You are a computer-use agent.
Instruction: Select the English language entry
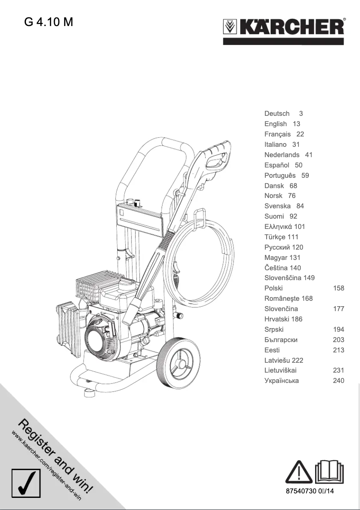point(276,124)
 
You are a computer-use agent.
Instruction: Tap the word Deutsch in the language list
point(277,114)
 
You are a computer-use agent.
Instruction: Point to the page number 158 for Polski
point(338,288)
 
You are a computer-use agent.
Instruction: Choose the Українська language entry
point(281,381)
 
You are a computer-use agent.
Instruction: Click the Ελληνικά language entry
point(279,227)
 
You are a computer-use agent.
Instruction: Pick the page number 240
point(338,381)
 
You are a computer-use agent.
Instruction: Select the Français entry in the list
point(277,134)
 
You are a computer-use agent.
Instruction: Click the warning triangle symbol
point(299,473)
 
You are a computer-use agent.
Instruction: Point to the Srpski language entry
point(274,330)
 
